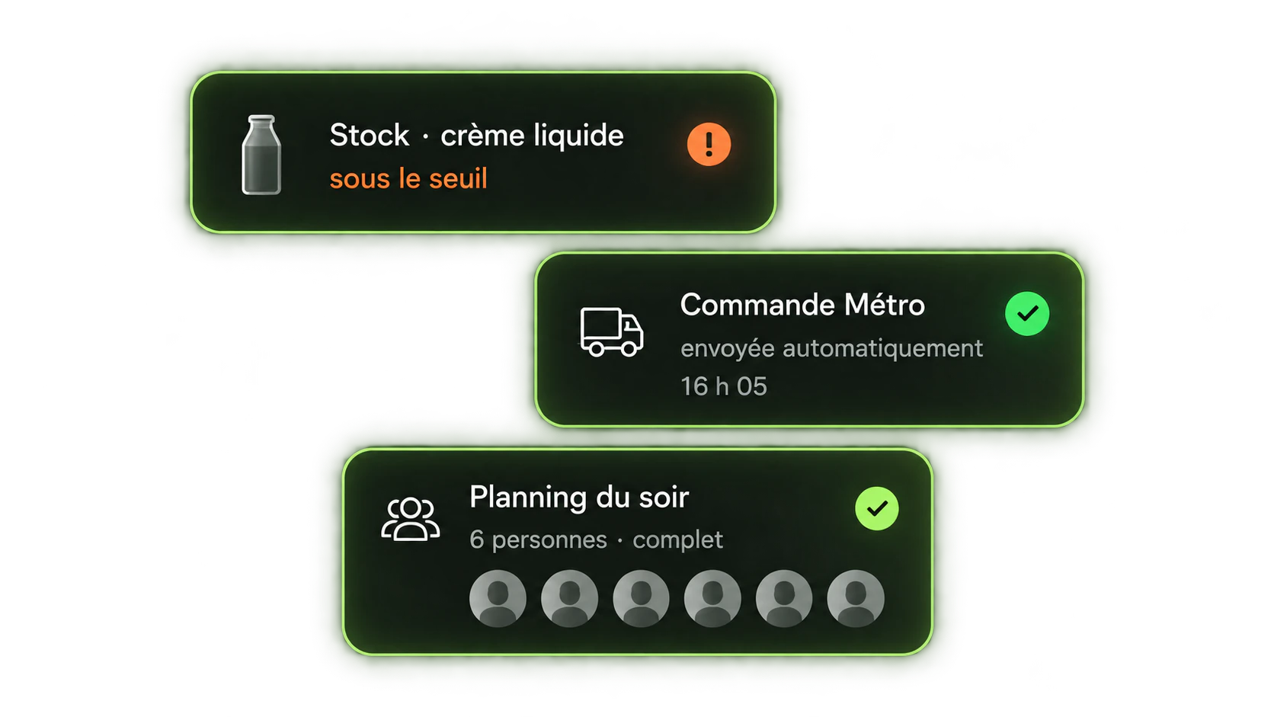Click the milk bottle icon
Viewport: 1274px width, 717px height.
tap(261, 155)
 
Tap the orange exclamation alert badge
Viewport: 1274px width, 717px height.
tap(709, 144)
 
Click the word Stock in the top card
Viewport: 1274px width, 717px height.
tap(369, 136)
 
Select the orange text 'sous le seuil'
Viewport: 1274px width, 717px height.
tap(408, 178)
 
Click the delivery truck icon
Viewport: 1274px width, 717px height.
tap(611, 332)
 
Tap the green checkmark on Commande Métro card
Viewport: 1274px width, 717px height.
tap(1026, 314)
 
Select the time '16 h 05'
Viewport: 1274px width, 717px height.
tap(723, 386)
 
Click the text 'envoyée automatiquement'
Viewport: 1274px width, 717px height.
tap(831, 348)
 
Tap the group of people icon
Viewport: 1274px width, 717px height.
tap(410, 519)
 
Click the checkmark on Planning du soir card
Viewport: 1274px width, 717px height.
tap(876, 508)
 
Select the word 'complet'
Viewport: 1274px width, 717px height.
tap(677, 540)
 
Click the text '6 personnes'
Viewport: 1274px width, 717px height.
tap(538, 540)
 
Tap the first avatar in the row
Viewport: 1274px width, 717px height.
tap(498, 598)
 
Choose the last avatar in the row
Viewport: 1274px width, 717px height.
tap(856, 598)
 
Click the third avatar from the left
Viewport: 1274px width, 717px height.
tap(641, 598)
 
